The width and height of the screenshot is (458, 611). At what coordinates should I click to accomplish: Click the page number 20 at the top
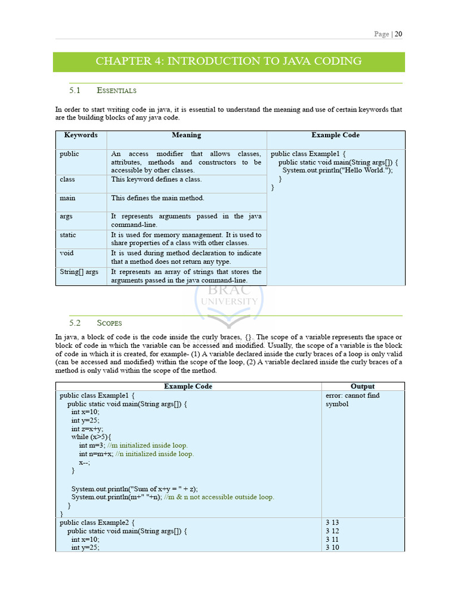tap(398, 34)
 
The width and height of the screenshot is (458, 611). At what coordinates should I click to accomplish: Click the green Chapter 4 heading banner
tap(228, 61)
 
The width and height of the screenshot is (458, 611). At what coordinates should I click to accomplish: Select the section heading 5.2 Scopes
tap(95, 323)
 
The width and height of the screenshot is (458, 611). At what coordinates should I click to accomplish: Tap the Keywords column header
tap(81, 135)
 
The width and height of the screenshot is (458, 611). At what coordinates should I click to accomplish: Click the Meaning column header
tap(186, 135)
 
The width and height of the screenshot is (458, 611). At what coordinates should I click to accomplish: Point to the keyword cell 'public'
tap(69, 154)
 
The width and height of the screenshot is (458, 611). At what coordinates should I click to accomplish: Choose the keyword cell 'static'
tap(68, 235)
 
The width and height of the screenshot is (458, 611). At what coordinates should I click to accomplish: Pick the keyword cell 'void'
tap(67, 253)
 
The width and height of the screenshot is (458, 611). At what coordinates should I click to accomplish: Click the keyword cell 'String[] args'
tap(79, 272)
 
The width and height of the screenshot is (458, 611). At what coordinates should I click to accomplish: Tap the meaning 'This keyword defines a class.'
tap(156, 179)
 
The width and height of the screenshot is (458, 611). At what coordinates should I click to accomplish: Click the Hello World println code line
tap(338, 171)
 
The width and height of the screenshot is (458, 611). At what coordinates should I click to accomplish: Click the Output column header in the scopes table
tap(363, 387)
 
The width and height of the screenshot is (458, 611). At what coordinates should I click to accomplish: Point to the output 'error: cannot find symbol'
tap(352, 400)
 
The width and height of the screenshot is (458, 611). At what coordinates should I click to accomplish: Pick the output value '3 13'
tap(332, 522)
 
